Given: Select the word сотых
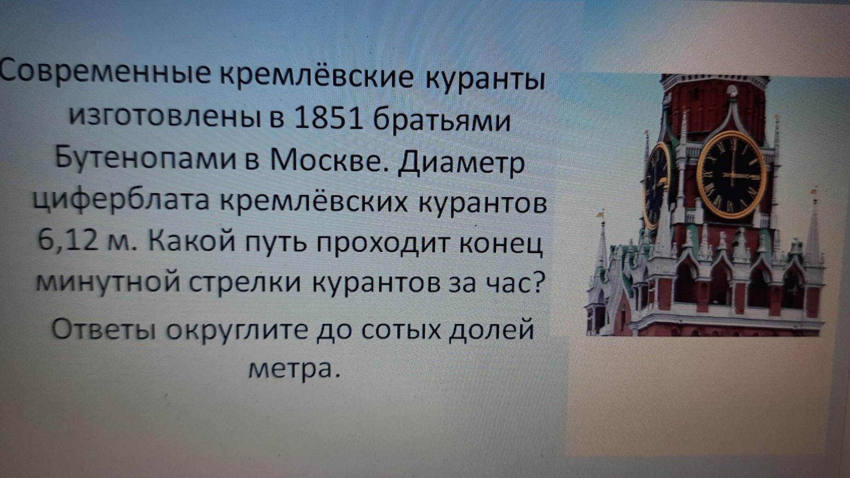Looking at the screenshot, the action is coord(400,329).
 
